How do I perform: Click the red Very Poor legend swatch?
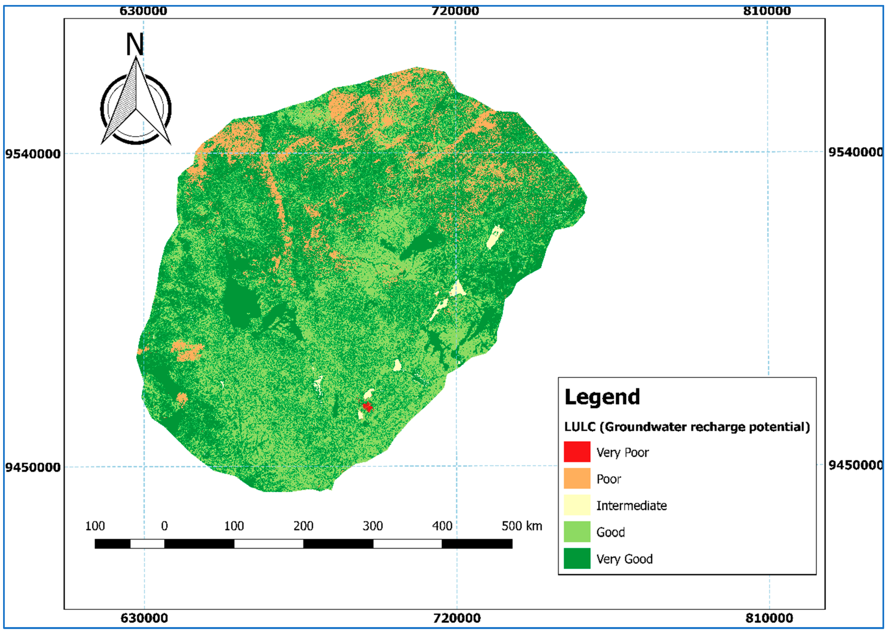point(577,452)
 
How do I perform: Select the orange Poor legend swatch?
point(577,478)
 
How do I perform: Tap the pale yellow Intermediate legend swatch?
point(577,505)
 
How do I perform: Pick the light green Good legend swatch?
point(577,531)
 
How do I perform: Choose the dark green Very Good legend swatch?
point(577,558)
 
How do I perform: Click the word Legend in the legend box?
point(602,397)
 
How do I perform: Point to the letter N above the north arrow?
point(135,44)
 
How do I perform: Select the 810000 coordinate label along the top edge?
point(767,11)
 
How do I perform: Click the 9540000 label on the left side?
point(33,154)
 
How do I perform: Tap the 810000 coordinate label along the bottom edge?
point(769,618)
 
